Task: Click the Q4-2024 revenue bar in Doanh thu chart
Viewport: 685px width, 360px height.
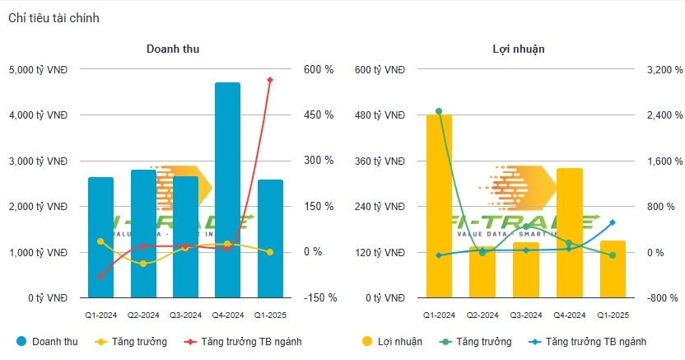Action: tap(227, 189)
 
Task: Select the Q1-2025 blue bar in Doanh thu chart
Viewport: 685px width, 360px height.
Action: tap(269, 238)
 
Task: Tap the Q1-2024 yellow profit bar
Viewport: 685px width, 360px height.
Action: tap(439, 206)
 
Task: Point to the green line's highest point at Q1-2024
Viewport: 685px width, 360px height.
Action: tap(439, 111)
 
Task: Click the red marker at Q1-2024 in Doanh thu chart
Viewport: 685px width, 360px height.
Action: tap(100, 277)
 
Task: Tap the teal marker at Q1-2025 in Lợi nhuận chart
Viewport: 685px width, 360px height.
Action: tap(613, 222)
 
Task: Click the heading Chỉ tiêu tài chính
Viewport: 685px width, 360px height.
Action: tap(54, 18)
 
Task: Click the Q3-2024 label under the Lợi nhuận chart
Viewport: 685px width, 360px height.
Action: tap(526, 315)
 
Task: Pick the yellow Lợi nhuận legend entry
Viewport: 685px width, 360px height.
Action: tap(392, 341)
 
